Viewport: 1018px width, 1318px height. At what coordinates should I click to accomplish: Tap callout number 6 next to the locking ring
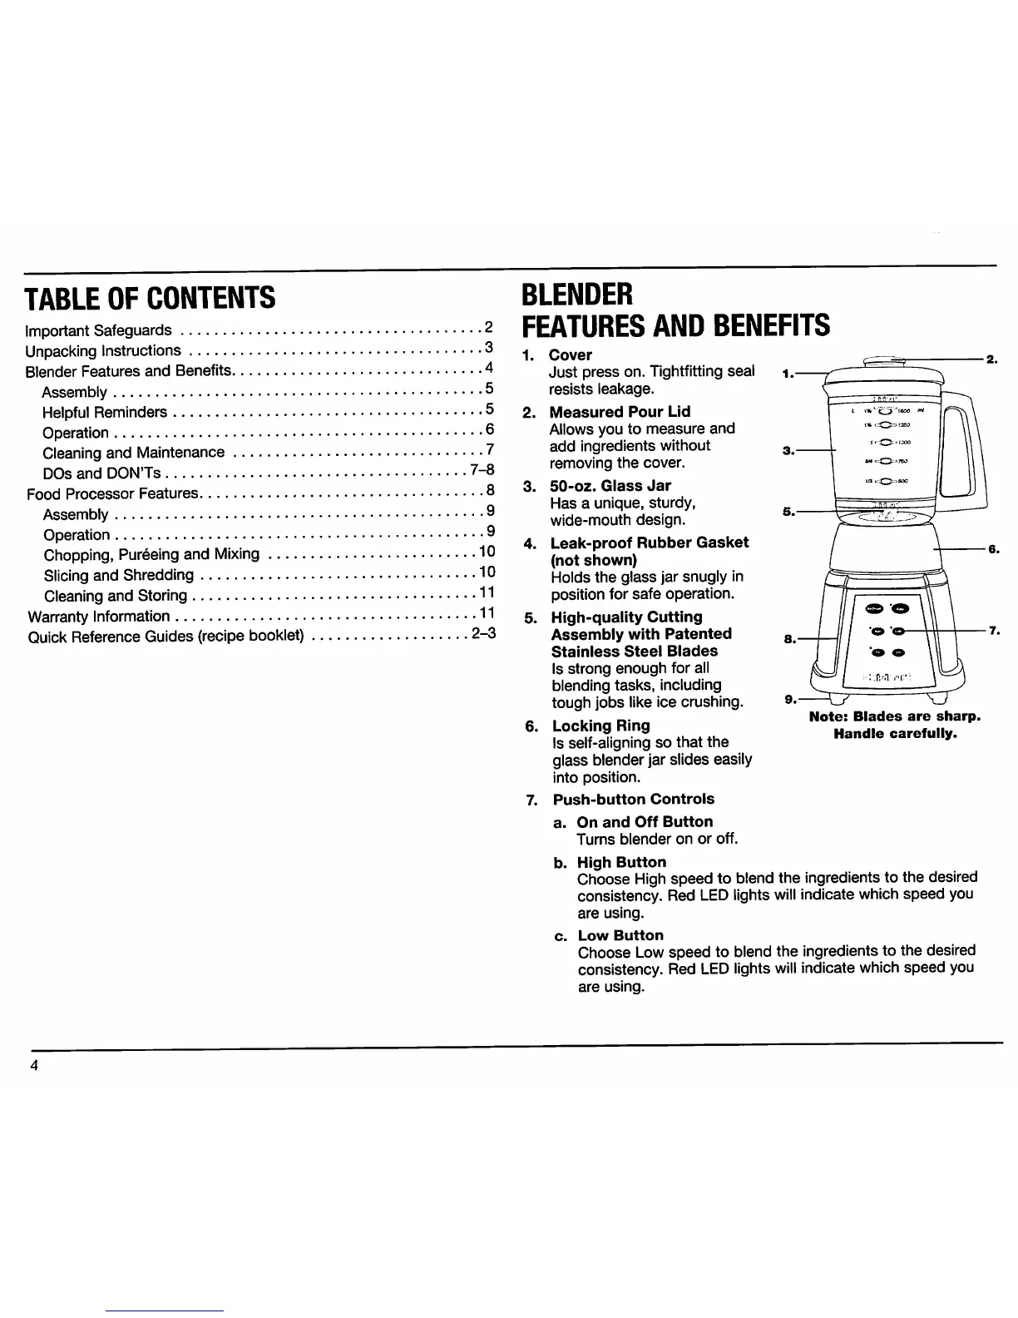[992, 550]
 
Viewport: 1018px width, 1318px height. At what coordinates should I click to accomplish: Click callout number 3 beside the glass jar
[787, 451]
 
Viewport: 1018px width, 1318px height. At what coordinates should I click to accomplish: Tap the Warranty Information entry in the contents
[98, 617]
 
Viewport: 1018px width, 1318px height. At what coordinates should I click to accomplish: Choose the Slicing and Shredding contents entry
[119, 575]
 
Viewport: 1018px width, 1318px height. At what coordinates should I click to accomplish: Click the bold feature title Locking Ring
[600, 726]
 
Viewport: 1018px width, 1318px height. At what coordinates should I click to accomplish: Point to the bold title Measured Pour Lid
[620, 412]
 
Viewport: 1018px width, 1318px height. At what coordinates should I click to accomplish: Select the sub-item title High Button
[621, 862]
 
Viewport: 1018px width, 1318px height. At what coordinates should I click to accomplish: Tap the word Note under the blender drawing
[828, 716]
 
